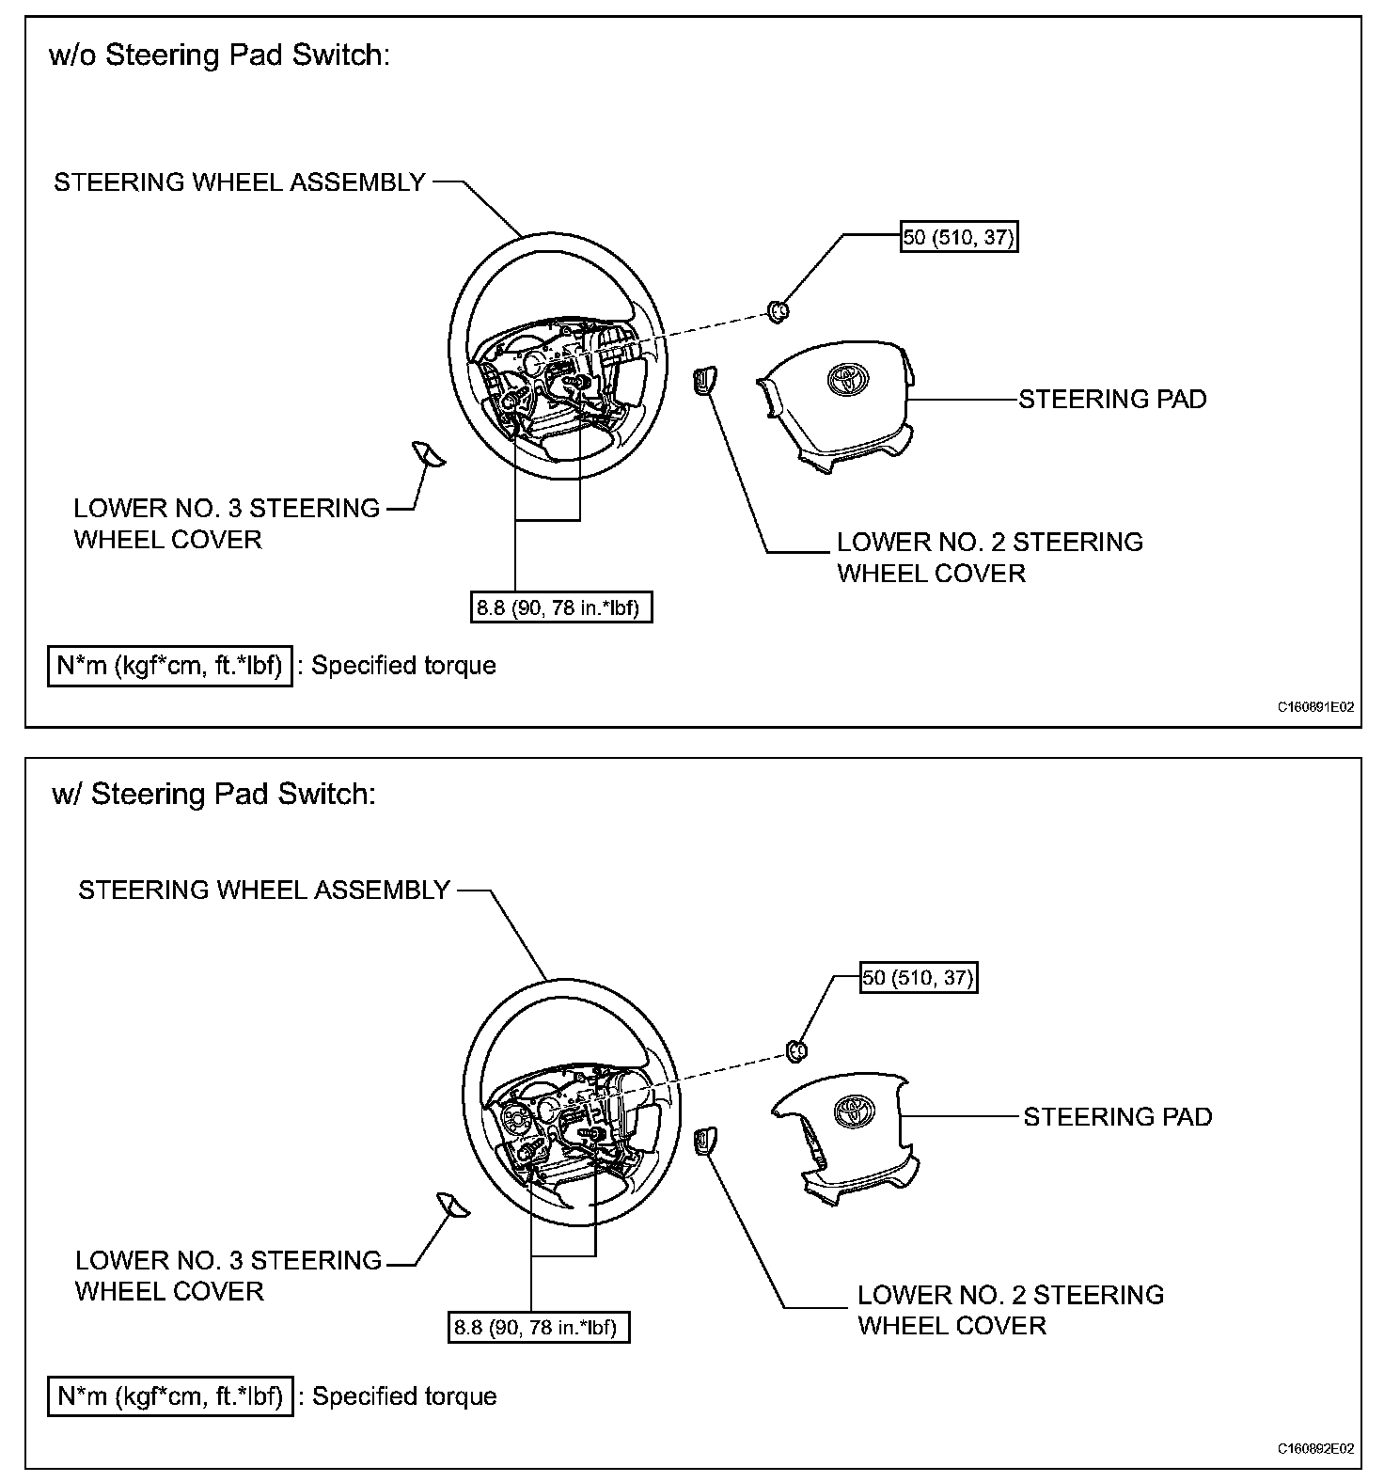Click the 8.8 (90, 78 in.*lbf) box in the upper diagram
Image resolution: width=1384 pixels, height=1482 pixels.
561,607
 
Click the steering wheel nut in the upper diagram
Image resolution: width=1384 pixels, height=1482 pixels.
777,309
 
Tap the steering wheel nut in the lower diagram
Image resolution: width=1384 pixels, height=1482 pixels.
795,1049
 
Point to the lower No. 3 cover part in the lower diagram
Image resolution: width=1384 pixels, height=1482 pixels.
452,1205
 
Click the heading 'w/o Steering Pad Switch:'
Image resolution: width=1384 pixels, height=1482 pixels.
218,55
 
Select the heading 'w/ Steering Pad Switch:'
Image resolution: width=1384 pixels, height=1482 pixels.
213,795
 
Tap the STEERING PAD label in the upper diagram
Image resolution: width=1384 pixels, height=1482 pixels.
1112,400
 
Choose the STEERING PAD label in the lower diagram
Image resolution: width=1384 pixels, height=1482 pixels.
1117,1117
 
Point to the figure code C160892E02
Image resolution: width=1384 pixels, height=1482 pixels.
1315,1448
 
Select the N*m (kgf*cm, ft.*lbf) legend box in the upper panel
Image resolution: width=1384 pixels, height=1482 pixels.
170,666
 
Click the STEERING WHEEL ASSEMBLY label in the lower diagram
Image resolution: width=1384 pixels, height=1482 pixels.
264,891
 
